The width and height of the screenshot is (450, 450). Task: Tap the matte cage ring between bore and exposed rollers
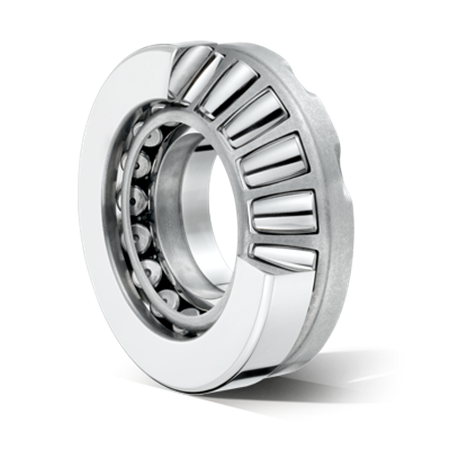pos(223,142)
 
